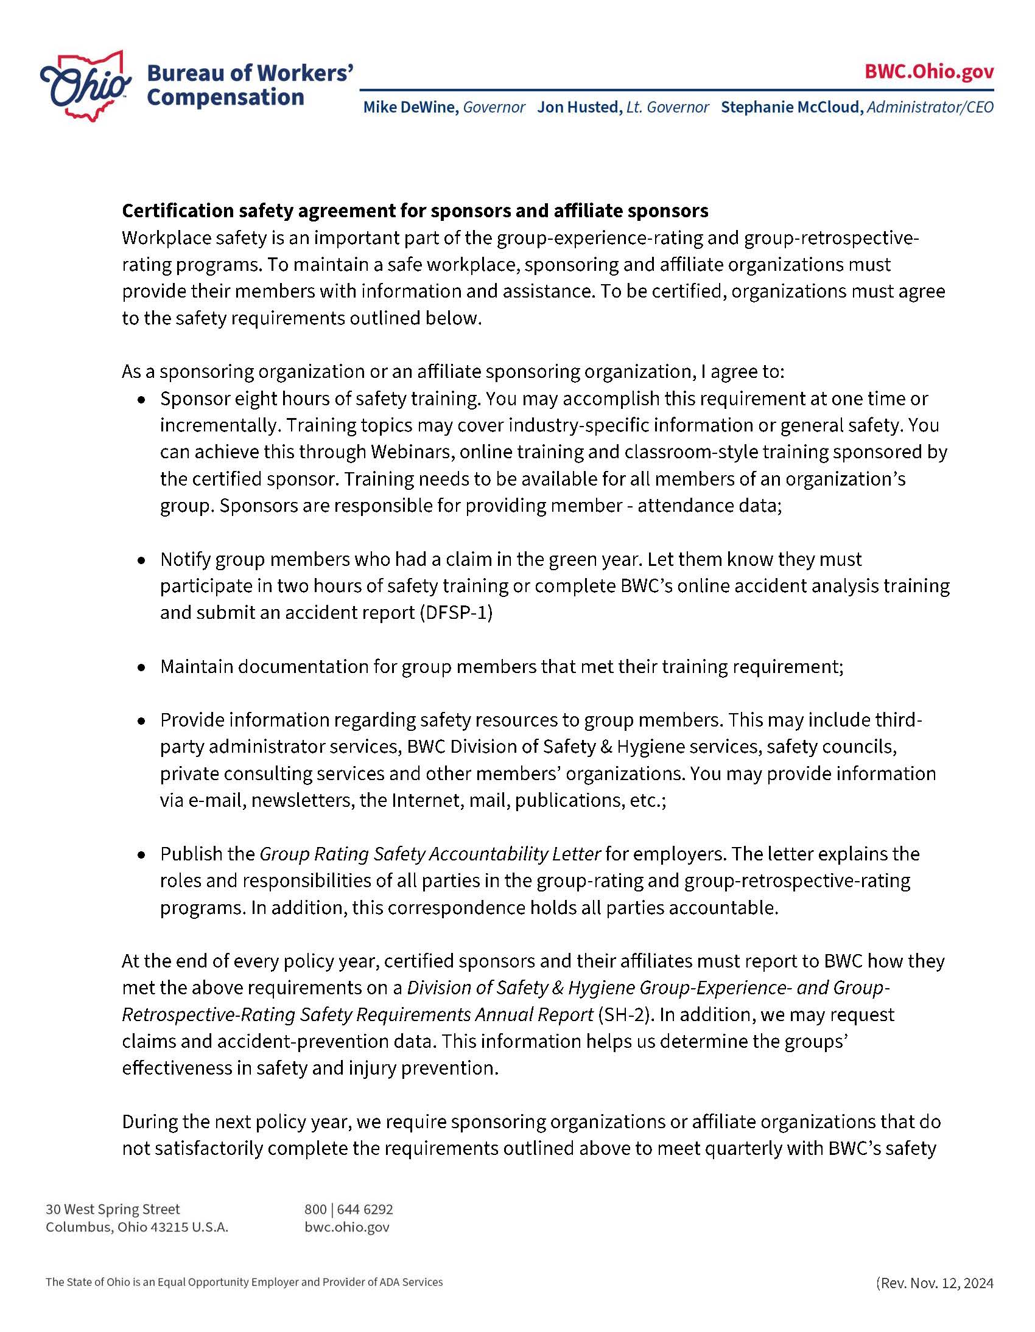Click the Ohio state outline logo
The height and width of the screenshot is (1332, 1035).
(x=85, y=85)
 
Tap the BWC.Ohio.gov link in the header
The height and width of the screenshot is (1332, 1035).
(x=929, y=71)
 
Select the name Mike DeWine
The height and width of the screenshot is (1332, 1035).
(x=411, y=107)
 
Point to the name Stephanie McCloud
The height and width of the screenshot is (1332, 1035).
(x=791, y=107)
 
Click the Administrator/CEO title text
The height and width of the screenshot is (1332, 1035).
(x=930, y=107)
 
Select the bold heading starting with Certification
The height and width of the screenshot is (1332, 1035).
(x=415, y=211)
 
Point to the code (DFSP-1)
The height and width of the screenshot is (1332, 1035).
(x=456, y=612)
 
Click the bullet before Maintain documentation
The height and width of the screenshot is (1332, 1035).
(x=142, y=668)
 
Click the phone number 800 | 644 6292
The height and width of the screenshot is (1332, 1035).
(x=348, y=1209)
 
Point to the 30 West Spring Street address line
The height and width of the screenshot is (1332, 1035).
(x=113, y=1209)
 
